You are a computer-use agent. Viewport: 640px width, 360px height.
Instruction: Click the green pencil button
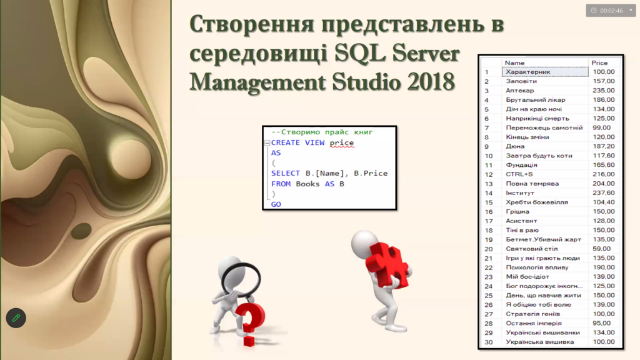pyautogui.click(x=16, y=317)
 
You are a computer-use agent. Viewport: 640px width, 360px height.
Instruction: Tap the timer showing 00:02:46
pyautogui.click(x=611, y=11)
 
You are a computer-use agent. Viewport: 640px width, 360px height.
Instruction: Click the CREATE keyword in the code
pyautogui.click(x=285, y=142)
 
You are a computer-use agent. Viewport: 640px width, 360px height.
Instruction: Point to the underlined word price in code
pyautogui.click(x=342, y=143)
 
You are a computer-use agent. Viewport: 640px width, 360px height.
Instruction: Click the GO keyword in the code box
pyautogui.click(x=276, y=204)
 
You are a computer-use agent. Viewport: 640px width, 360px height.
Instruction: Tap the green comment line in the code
pyautogui.click(x=322, y=132)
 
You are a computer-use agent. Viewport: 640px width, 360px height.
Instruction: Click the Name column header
pyautogui.click(x=514, y=63)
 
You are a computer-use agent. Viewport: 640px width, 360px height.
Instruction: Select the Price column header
pyautogui.click(x=599, y=63)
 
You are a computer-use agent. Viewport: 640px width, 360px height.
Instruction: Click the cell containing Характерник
pyautogui.click(x=545, y=72)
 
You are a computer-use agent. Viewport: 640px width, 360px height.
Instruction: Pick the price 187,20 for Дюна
pyautogui.click(x=604, y=146)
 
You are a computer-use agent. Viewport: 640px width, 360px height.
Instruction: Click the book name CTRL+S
pyautogui.click(x=519, y=174)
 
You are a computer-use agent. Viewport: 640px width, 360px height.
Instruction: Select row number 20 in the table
pyautogui.click(x=489, y=249)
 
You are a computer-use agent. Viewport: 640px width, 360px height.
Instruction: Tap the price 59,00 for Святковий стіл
pyautogui.click(x=602, y=249)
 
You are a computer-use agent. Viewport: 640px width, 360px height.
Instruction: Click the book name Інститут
pyautogui.click(x=520, y=192)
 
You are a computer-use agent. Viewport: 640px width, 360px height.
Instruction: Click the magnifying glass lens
pyautogui.click(x=241, y=280)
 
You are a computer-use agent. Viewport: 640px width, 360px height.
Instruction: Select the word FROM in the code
pyautogui.click(x=281, y=184)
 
